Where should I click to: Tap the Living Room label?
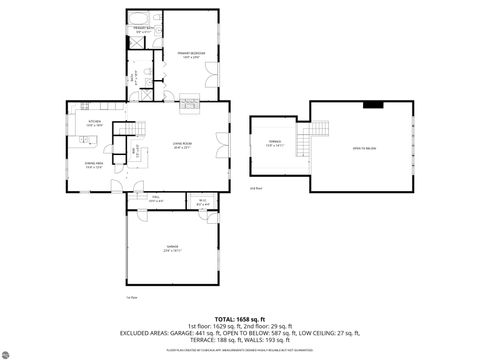point(181,146)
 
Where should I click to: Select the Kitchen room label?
point(95,123)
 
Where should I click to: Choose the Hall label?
point(156,200)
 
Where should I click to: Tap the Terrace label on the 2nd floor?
point(274,143)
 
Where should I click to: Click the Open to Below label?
point(364,147)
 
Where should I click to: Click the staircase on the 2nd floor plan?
point(317,130)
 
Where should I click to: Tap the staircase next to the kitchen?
point(126,129)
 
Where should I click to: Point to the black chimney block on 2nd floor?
point(372,103)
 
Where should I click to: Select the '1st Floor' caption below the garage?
point(131,298)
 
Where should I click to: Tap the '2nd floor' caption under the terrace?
point(255,186)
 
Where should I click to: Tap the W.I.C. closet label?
point(201,202)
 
